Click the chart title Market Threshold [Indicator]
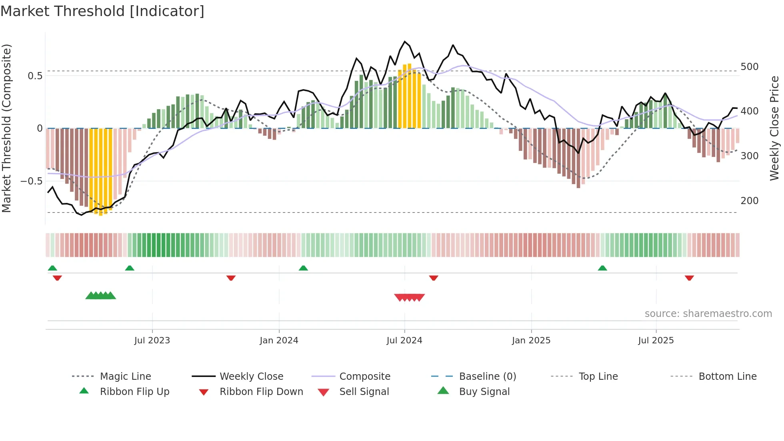coord(102,11)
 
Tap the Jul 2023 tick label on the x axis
coord(152,341)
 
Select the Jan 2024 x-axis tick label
coord(279,341)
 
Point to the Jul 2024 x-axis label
coord(404,341)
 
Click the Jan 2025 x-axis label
coord(531,341)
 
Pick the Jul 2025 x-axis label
coord(656,341)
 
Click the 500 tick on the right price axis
coord(749,67)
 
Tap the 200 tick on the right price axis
coord(749,201)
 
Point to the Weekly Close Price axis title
coord(774,128)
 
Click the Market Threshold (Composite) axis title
coord(7,128)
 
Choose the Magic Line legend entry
coord(125,377)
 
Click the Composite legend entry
coord(364,377)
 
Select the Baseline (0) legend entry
coord(487,377)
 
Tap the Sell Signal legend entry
coord(364,392)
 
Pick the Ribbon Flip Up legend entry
coord(134,392)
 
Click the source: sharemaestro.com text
coord(708,314)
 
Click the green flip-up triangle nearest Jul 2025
coord(602,268)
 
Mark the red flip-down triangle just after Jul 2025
coord(689,278)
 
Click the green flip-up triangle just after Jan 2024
coord(303,268)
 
